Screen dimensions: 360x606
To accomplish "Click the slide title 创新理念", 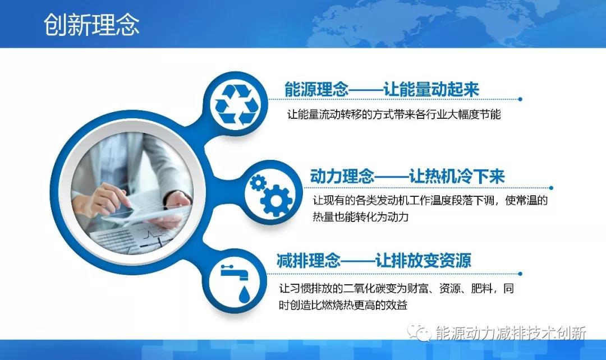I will [x=91, y=25].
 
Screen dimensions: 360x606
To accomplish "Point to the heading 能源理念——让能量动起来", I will [x=382, y=90].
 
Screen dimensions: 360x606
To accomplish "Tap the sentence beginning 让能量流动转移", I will [x=393, y=114].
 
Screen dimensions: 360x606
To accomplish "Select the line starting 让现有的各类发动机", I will [x=429, y=200].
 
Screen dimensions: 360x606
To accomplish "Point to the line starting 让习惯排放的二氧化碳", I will [x=396, y=289].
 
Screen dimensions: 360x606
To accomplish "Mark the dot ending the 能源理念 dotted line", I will [x=520, y=99].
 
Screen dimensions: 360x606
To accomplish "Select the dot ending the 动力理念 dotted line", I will [x=551, y=188].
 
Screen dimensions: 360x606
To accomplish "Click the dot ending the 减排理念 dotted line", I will [x=520, y=274].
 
